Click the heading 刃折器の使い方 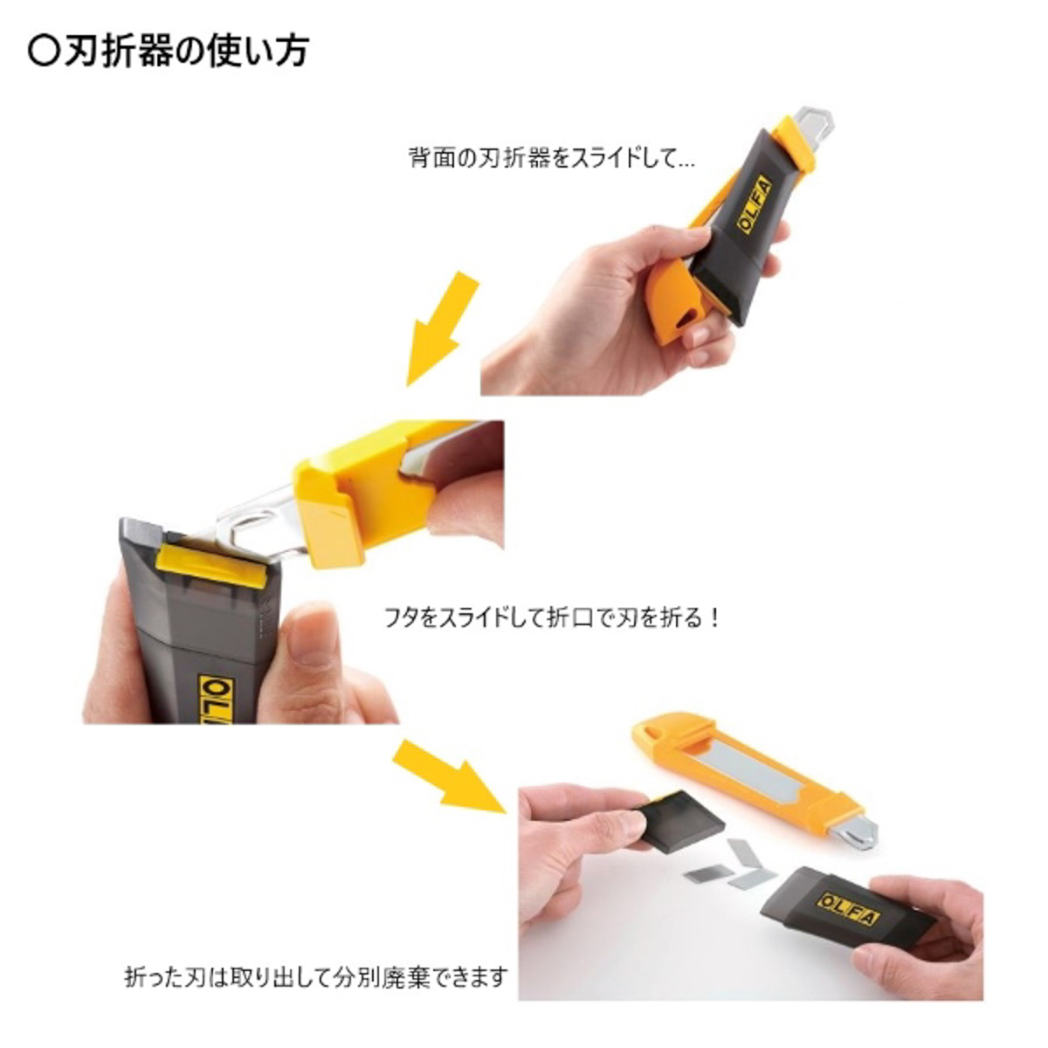point(187,52)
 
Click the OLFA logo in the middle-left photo point(217,700)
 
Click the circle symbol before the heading point(43,52)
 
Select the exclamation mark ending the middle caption point(714,617)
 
